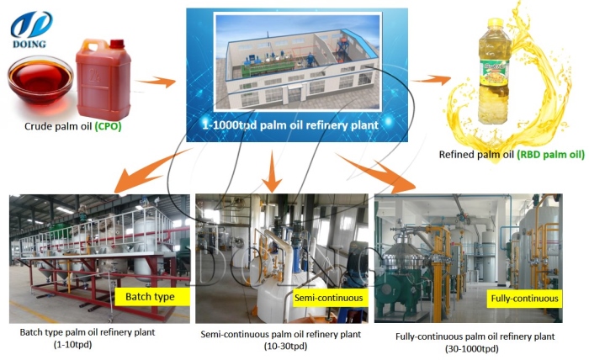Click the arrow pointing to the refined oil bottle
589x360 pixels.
(434, 80)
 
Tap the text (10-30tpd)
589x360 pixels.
(280, 347)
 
